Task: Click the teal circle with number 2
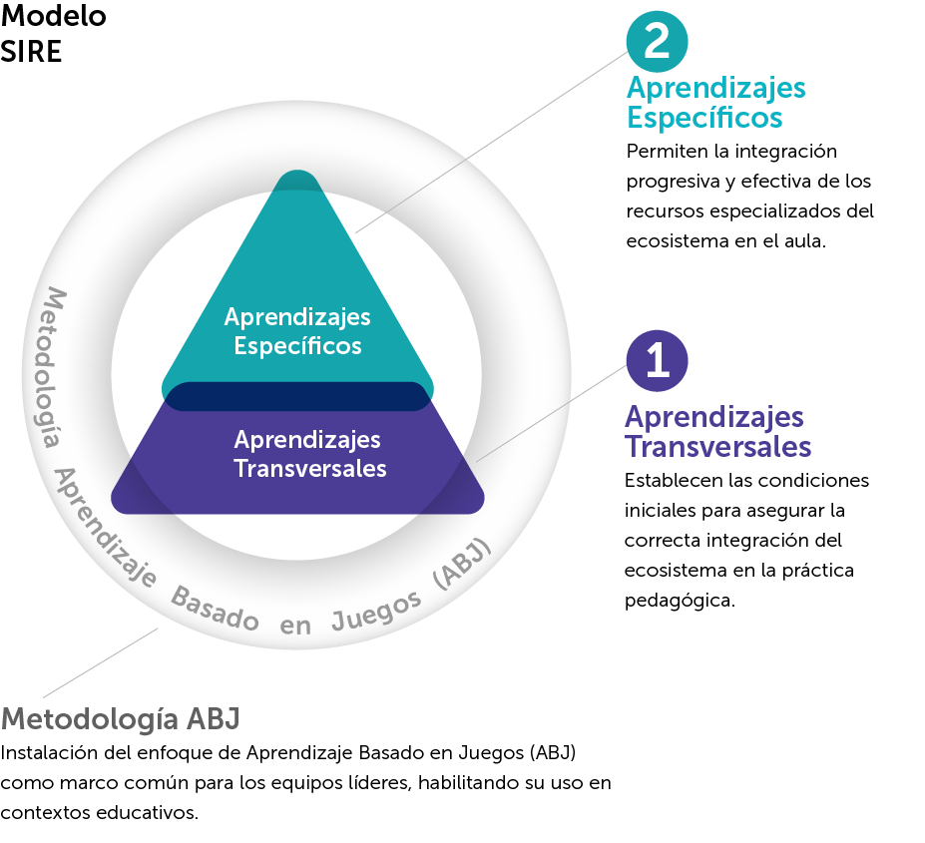coord(657,40)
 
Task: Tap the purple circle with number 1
coord(657,360)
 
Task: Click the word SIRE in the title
coord(32,52)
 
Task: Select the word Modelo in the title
coord(54,17)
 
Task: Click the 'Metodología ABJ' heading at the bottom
coord(120,718)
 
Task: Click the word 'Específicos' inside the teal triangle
coord(296,347)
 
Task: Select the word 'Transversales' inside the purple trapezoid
coord(309,468)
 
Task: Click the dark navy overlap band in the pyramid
coord(297,396)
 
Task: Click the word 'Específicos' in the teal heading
coord(703,118)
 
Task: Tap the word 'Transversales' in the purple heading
coord(717,446)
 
